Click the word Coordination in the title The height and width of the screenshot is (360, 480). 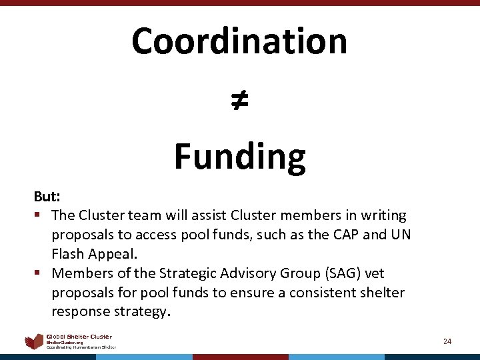(239, 41)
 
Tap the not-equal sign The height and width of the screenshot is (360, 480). (239, 100)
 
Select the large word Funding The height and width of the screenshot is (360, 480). (239, 157)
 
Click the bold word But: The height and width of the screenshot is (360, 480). (47, 198)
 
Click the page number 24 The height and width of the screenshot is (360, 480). (447, 341)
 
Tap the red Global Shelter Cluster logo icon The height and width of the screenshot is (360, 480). (34, 342)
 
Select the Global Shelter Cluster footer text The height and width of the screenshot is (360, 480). (79, 337)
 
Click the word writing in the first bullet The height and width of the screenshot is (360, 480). (382, 215)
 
